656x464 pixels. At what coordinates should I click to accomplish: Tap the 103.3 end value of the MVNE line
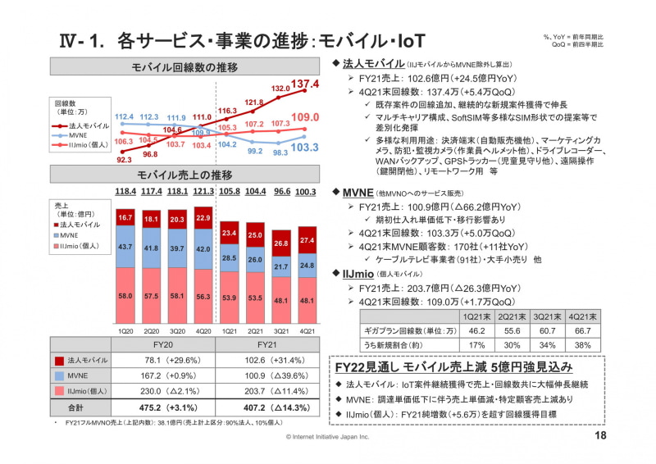tap(305, 148)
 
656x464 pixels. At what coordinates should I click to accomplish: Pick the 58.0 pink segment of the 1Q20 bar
tap(125, 294)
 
